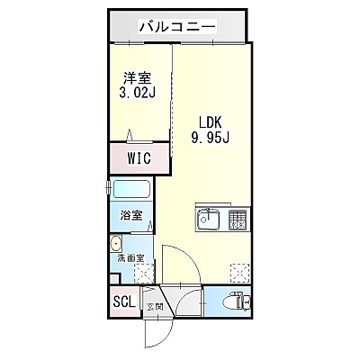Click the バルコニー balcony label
pyautogui.click(x=177, y=27)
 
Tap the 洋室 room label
pyautogui.click(x=138, y=78)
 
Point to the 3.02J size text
pyautogui.click(x=138, y=93)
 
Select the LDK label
pyautogui.click(x=210, y=122)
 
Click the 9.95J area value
pyautogui.click(x=210, y=138)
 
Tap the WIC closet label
pyautogui.click(x=139, y=158)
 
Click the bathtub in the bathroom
pyautogui.click(x=131, y=189)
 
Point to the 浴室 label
pyautogui.click(x=131, y=215)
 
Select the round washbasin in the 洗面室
pyautogui.click(x=116, y=243)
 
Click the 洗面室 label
pyautogui.click(x=130, y=258)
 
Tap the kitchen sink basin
pyautogui.click(x=208, y=220)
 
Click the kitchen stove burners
pyautogui.click(x=238, y=220)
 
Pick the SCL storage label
pyautogui.click(x=124, y=302)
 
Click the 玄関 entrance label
pyautogui.click(x=155, y=307)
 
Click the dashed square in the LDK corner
pyautogui.click(x=240, y=274)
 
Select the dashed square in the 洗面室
pyautogui.click(x=144, y=274)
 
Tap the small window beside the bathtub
pyautogui.click(x=108, y=188)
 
